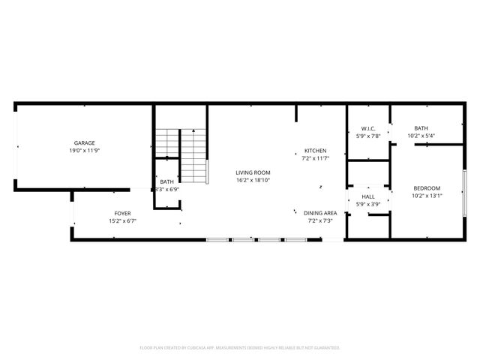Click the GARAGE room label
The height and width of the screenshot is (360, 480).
point(84,142)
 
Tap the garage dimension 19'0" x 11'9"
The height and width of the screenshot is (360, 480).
point(84,150)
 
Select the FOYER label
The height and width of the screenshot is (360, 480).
point(123,214)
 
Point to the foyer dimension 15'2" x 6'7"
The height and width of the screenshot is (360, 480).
point(123,221)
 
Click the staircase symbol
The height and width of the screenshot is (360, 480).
point(181,155)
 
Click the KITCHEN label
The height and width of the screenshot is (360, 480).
point(315,150)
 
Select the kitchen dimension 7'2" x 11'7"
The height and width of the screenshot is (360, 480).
point(315,158)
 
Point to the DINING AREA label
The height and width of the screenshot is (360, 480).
point(320,213)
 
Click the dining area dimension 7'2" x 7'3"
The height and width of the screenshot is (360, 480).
point(320,220)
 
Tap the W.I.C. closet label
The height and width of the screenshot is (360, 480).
point(367,128)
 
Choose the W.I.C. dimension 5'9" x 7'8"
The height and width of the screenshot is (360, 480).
point(367,136)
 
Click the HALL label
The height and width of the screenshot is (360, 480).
point(367,196)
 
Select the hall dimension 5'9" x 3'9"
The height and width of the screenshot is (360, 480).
point(367,204)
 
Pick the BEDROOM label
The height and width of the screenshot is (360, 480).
point(426,188)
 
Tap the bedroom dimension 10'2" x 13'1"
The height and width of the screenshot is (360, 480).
point(426,196)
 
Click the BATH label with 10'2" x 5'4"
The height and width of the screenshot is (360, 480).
point(421,128)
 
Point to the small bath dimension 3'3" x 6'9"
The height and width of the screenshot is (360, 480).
point(166,189)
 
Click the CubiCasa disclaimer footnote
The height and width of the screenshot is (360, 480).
point(240,347)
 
